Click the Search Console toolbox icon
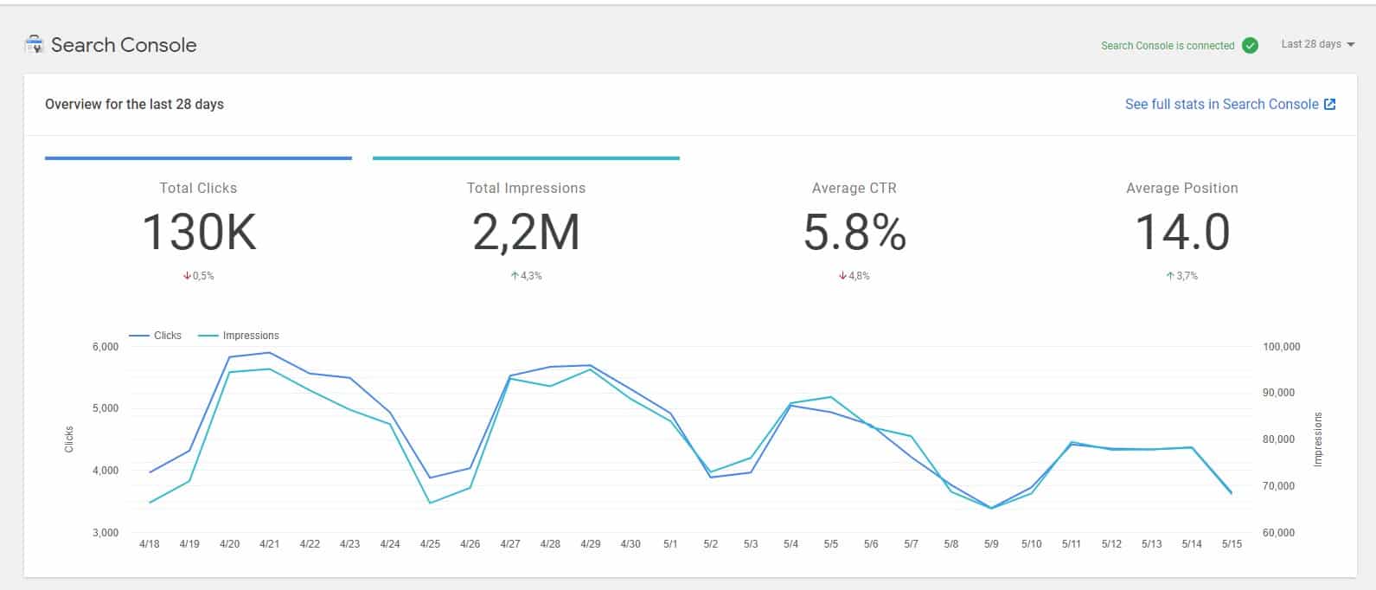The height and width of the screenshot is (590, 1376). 35,45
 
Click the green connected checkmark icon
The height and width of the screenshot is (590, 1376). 1250,45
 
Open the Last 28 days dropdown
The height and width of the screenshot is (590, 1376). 1317,44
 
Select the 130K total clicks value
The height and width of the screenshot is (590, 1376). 198,233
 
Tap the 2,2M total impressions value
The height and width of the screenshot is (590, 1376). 526,233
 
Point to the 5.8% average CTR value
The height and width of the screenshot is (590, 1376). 854,233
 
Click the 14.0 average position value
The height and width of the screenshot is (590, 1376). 1181,233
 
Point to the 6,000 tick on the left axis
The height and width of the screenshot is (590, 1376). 105,347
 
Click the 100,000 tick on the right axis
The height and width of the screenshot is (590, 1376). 1281,347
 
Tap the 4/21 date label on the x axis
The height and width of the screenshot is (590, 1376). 269,544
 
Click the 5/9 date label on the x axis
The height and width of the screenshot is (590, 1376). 991,544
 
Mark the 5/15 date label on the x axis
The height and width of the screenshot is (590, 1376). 1232,544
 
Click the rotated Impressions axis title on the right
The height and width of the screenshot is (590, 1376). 1318,439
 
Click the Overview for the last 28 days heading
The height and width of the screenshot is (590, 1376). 134,104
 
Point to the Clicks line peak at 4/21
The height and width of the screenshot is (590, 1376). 269,352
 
